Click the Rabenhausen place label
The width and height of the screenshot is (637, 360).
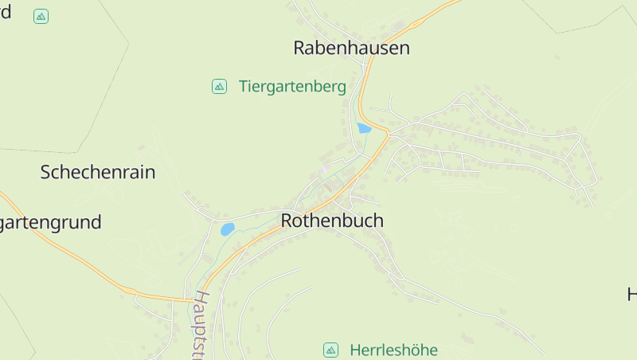pos(351,48)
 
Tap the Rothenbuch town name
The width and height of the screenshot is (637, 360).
pos(332,221)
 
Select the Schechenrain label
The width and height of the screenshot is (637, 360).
pos(98,172)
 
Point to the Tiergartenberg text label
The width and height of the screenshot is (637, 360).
pos(292,87)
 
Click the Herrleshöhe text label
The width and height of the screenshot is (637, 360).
pos(393,350)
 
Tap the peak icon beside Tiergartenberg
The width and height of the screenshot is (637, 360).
pos(219,86)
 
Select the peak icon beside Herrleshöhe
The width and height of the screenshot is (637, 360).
pos(330,350)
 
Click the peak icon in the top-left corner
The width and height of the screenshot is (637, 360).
pos(41,16)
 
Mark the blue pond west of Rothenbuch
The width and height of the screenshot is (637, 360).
pos(228,229)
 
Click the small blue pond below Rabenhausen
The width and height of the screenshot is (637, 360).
pos(364,127)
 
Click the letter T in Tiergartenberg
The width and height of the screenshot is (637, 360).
pos(243,87)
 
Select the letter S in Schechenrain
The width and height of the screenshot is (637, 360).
pos(46,172)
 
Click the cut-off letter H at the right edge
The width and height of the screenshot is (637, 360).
pos(631,294)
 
